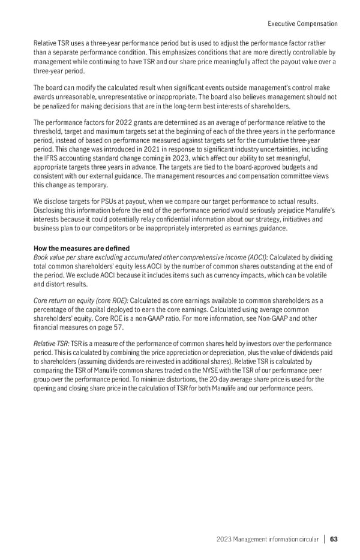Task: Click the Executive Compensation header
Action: [x=301, y=23]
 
